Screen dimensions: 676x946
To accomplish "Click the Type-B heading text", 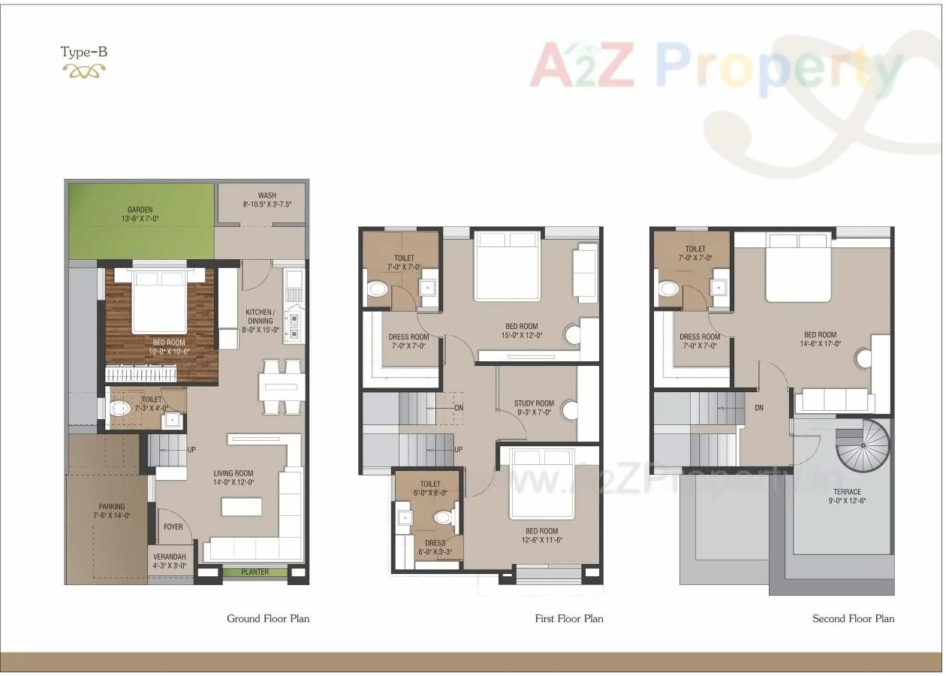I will coord(84,52).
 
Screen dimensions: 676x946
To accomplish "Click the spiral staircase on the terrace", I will coord(863,445).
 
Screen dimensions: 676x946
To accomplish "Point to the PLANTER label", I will coord(255,572).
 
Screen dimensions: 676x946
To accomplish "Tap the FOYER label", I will coord(173,527).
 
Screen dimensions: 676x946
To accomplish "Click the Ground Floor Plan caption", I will coord(268,619).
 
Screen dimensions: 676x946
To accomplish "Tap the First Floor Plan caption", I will coord(568,619).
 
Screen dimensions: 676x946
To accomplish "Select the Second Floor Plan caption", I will coord(853,619).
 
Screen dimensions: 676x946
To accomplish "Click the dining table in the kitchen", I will coord(282,388).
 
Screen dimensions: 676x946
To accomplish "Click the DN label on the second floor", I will coord(759,408).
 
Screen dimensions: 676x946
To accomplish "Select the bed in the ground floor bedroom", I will coord(159,303).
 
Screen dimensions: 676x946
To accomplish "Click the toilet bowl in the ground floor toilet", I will coord(120,409).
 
